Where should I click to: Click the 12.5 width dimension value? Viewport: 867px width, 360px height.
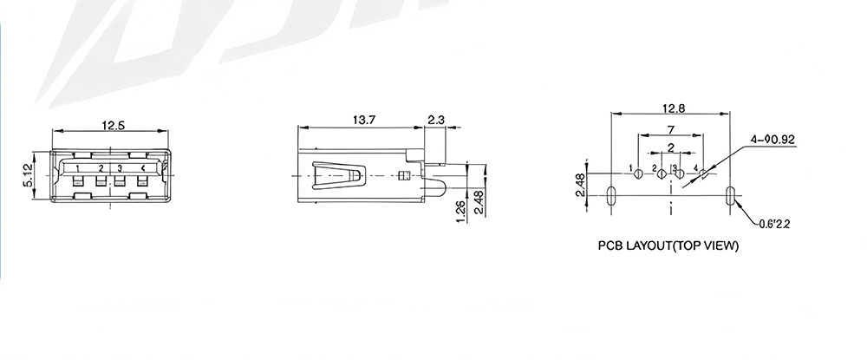click(x=114, y=126)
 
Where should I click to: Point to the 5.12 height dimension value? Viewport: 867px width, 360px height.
click(x=29, y=174)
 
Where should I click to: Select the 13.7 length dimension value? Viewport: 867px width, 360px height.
click(x=364, y=120)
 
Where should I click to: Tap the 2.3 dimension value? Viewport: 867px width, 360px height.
click(x=436, y=120)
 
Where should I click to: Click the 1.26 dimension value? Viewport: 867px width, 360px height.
click(x=461, y=211)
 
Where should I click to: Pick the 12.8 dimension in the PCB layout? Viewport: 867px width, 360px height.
click(x=674, y=108)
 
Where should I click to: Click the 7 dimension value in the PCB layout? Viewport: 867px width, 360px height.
click(x=671, y=130)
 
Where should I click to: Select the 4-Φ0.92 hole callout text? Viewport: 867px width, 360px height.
click(x=773, y=140)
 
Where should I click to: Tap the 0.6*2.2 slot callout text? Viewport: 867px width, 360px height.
click(x=774, y=224)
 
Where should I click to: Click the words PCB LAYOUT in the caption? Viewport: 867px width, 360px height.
click(x=635, y=245)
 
